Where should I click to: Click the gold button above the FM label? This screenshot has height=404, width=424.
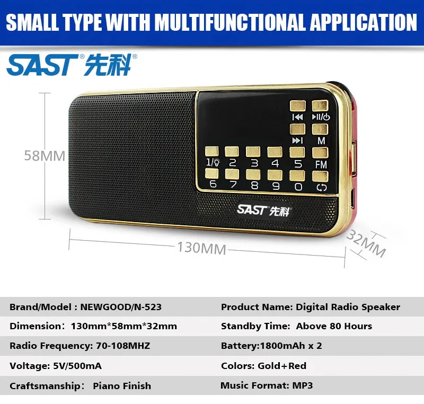click(320, 153)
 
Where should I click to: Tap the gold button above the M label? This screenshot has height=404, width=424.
click(320, 129)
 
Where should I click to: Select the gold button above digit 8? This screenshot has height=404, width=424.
click(253, 174)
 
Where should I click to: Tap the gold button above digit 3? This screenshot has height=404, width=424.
click(253, 152)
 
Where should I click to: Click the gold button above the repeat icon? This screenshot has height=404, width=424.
click(320, 177)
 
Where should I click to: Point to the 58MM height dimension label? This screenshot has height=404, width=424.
click(45, 156)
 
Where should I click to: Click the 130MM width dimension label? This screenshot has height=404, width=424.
click(202, 248)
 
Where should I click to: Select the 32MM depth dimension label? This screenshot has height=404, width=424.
click(366, 244)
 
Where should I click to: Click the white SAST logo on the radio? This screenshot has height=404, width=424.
click(263, 210)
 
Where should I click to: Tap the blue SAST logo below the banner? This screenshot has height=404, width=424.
click(72, 65)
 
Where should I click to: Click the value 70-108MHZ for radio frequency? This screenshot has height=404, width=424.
click(123, 346)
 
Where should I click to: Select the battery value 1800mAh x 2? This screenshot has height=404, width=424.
click(291, 346)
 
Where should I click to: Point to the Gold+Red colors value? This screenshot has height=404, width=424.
click(282, 366)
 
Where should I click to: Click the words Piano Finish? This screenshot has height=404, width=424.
click(122, 386)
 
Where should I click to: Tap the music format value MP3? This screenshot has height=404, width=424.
click(303, 385)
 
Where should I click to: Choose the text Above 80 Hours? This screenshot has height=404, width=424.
click(334, 326)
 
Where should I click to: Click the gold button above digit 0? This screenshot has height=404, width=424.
click(297, 176)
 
